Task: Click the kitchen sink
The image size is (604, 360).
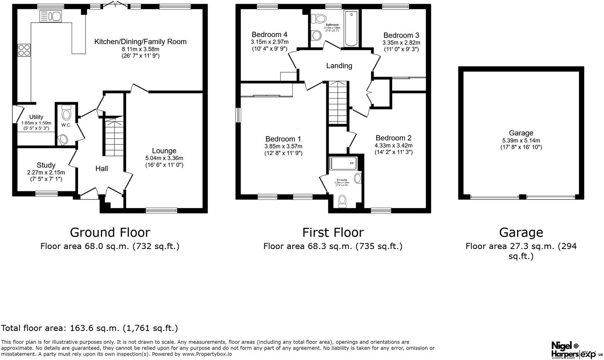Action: click(x=50, y=17)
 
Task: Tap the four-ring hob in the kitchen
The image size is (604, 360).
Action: click(x=24, y=50)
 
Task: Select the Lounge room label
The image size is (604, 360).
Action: click(x=164, y=151)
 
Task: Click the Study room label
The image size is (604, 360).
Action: click(x=46, y=165)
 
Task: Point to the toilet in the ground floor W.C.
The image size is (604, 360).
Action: click(x=67, y=113)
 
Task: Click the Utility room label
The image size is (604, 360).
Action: click(x=36, y=117)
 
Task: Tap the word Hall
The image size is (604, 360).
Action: click(x=102, y=169)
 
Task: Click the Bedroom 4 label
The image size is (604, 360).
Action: click(x=269, y=34)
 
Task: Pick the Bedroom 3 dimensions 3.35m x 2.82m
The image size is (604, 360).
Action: click(x=401, y=43)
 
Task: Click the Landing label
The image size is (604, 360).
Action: click(x=339, y=66)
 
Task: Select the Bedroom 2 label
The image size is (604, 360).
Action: click(x=393, y=138)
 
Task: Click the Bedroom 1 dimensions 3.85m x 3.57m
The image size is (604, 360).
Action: click(x=283, y=146)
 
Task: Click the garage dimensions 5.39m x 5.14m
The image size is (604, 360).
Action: click(x=521, y=140)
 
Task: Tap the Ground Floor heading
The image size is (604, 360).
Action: click(x=110, y=232)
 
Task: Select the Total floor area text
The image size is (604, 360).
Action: click(x=89, y=328)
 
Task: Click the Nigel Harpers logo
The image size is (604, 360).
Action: click(x=565, y=350)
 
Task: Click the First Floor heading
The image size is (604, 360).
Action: click(x=333, y=232)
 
